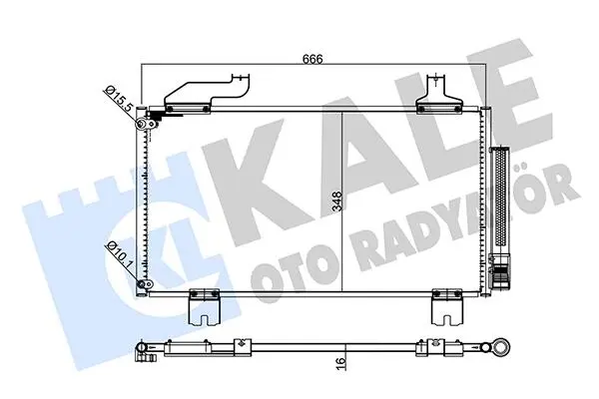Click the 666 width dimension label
312,59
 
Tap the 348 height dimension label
337,201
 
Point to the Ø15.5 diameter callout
119,100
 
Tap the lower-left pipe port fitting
145,284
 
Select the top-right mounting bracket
439,95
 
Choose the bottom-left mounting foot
205,308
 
